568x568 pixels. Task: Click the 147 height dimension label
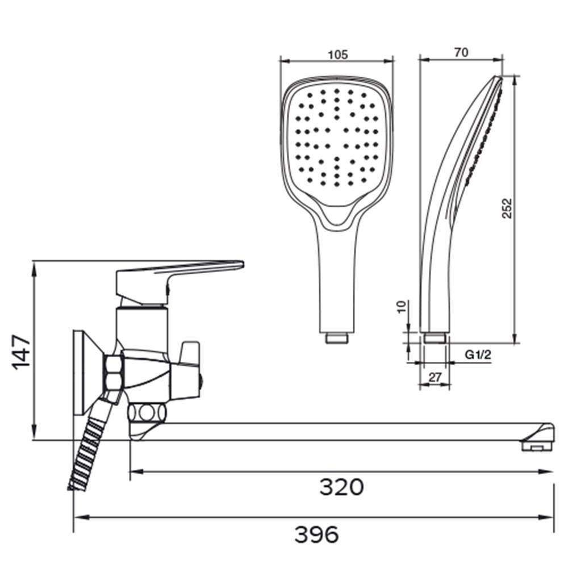point(21,352)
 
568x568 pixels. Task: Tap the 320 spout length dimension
point(341,487)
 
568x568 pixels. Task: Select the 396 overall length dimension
point(317,534)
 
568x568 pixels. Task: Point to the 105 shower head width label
point(337,55)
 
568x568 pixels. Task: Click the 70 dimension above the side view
point(461,52)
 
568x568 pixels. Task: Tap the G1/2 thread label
point(478,354)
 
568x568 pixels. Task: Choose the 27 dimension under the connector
point(435,377)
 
